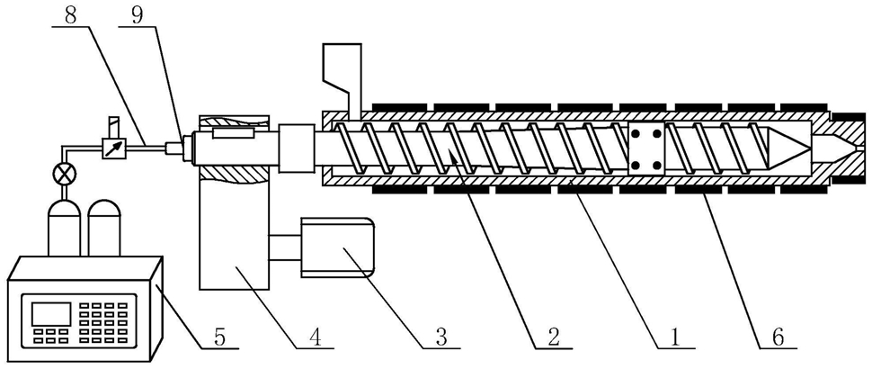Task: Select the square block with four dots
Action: click(645, 148)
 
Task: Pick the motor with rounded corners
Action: click(336, 245)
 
